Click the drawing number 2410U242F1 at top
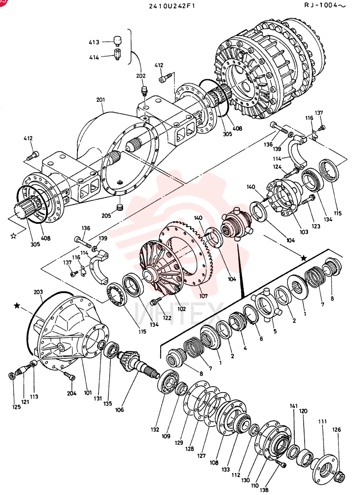click(172, 5)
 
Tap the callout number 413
click(94, 42)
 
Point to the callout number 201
click(100, 100)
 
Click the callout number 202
click(141, 76)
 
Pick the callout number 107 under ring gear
click(203, 296)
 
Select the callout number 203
click(38, 293)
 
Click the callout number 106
click(120, 410)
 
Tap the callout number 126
click(336, 430)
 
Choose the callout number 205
click(106, 216)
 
